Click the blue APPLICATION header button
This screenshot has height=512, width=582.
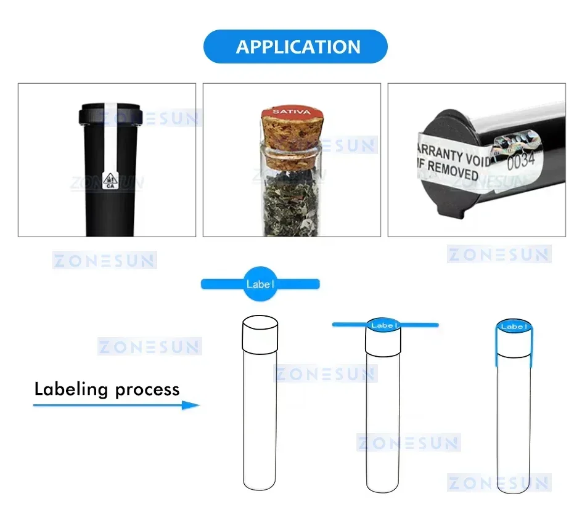295,47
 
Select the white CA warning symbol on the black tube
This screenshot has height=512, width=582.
111,179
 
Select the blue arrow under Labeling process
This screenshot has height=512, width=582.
117,405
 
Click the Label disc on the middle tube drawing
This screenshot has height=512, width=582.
383,325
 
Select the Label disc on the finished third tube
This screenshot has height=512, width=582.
513,327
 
